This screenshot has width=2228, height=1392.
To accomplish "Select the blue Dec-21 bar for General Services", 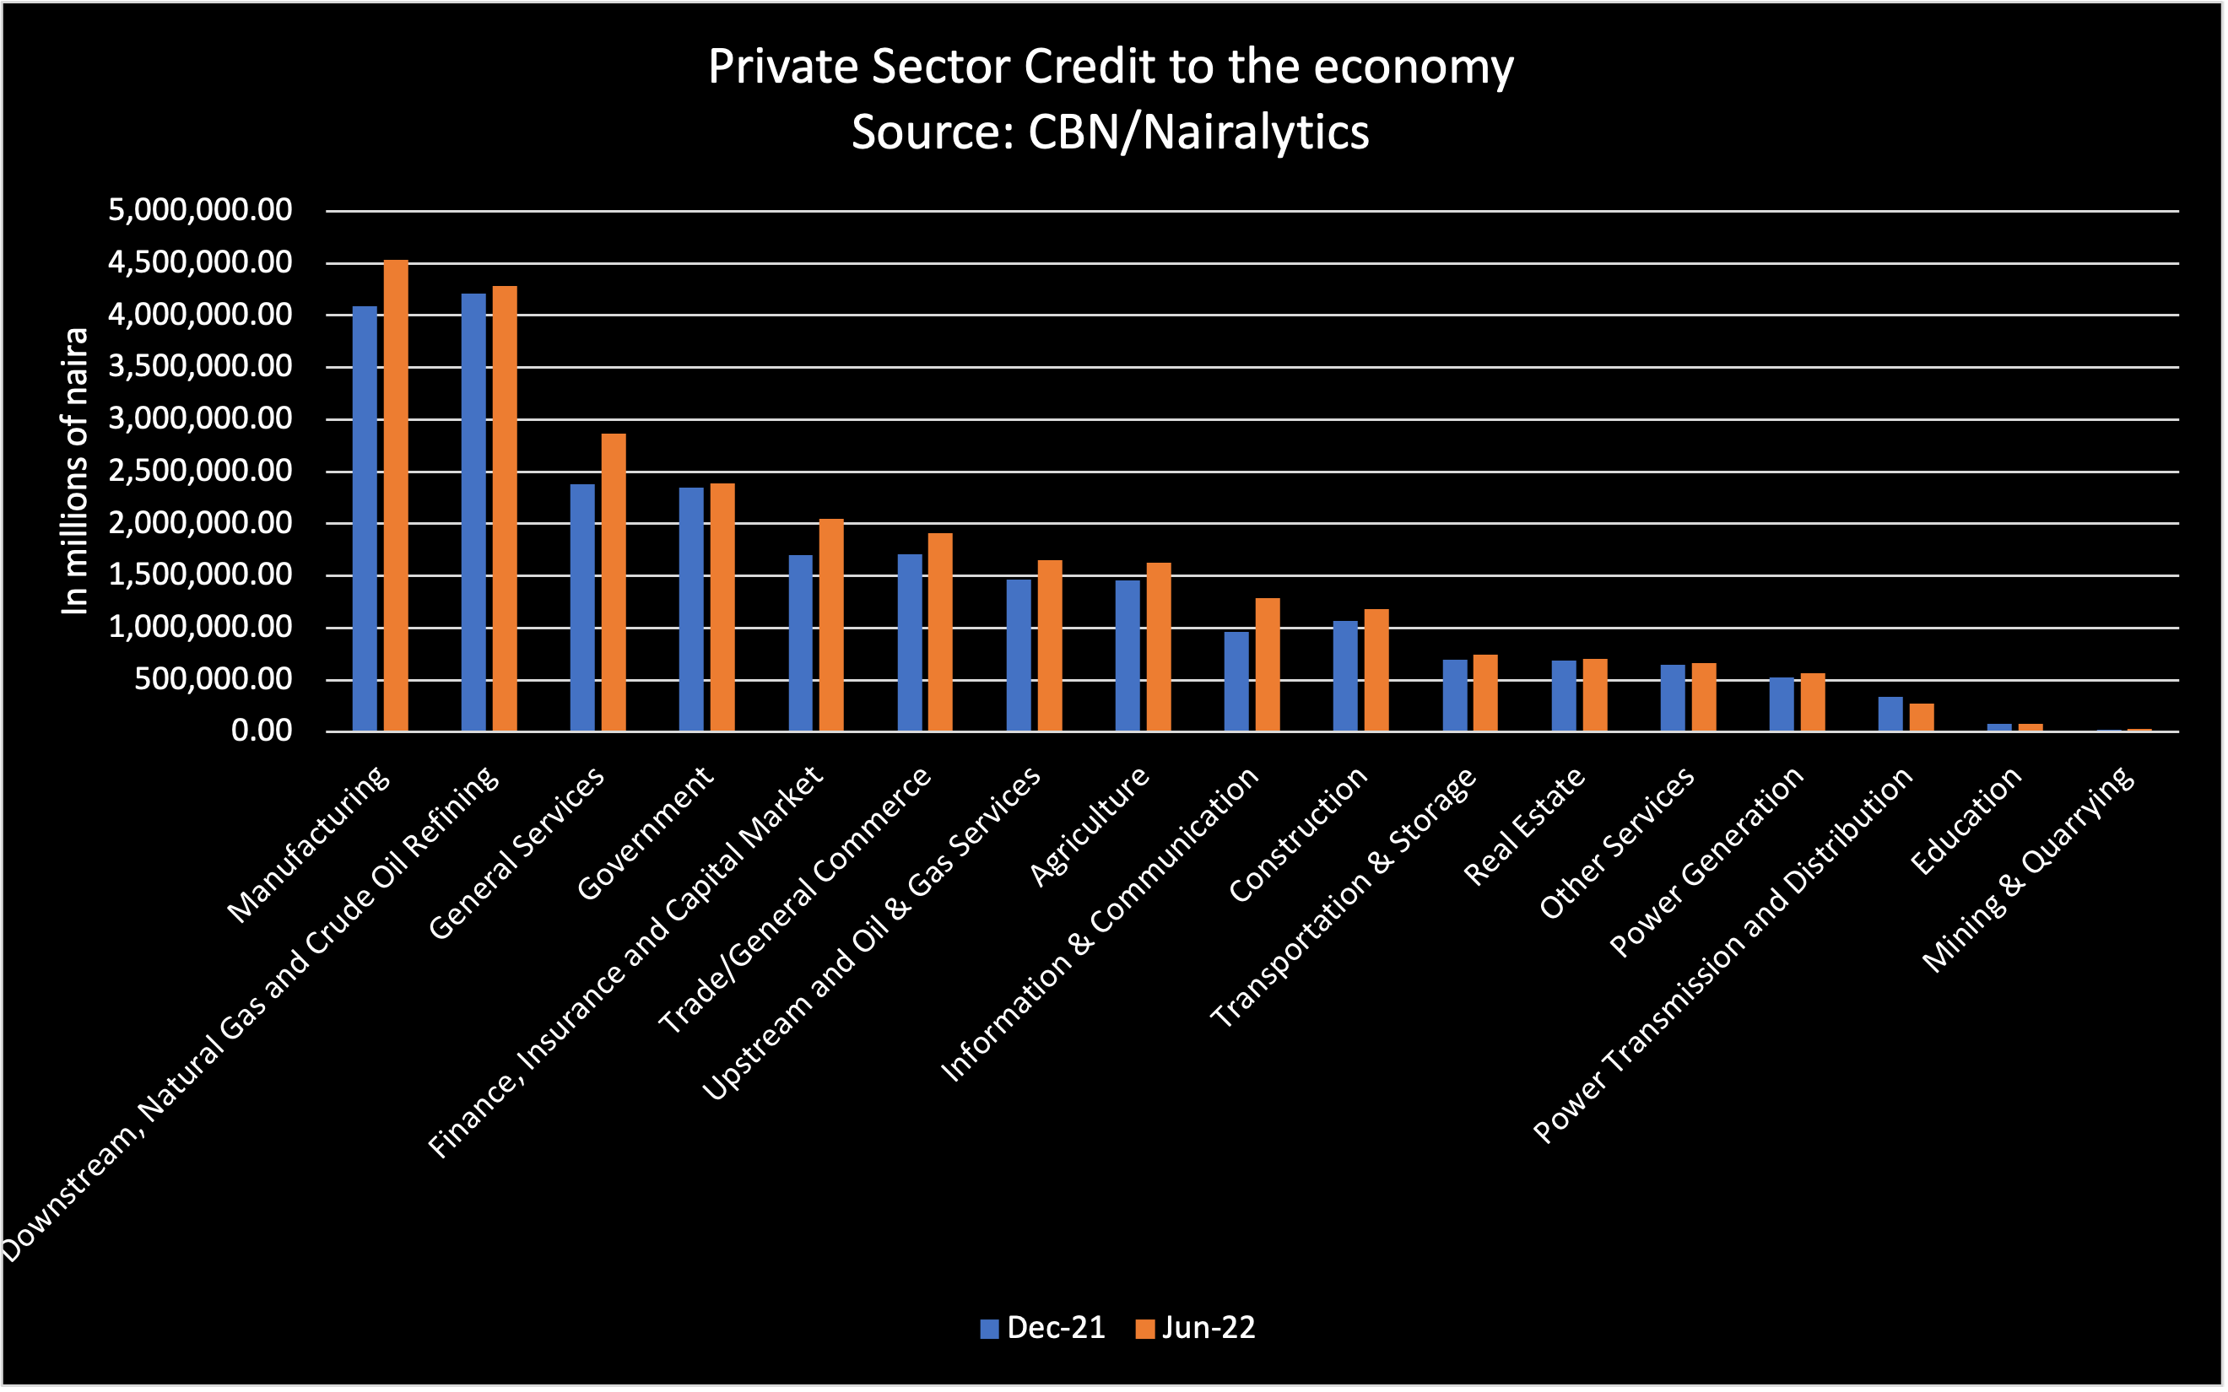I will point(581,607).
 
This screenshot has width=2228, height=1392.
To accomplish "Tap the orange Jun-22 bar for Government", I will point(722,607).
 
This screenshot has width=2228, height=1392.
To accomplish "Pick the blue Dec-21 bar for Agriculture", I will point(1127,656).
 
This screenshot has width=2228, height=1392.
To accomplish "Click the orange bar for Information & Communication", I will point(1268,665).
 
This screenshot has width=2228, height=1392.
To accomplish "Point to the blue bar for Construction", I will point(1345,676).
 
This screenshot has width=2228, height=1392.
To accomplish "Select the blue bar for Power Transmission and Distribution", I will point(1890,715).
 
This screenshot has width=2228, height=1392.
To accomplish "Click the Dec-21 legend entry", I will point(1043,1328).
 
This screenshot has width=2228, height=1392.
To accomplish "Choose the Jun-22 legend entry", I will point(1196,1328).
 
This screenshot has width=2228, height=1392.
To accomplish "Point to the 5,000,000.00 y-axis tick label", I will point(200,210).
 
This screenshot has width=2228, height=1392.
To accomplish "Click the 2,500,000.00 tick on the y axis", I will point(200,471).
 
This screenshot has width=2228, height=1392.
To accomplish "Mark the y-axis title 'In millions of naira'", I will point(74,471).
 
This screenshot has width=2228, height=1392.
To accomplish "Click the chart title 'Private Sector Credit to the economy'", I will point(1111,67).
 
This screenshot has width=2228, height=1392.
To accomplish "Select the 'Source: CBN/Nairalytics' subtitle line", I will point(1111,132).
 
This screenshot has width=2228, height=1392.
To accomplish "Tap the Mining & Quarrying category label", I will point(2029,870).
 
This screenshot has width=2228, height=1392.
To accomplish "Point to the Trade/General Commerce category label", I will point(796,900).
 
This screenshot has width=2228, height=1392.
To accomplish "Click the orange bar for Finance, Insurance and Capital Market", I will point(831,625).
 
